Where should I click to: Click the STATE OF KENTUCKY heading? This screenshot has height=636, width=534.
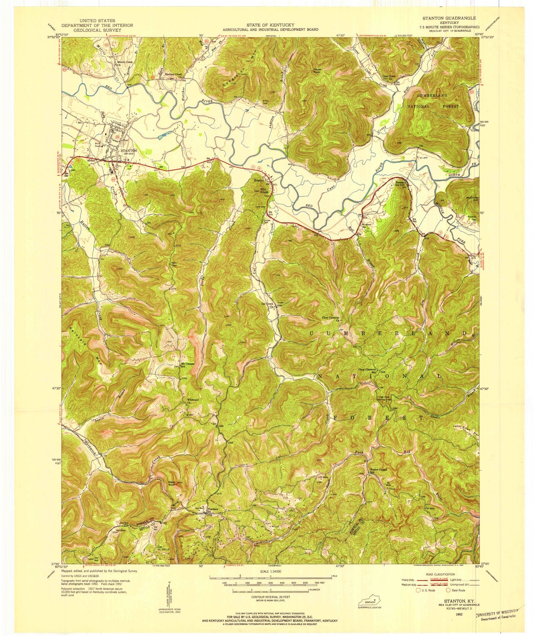[x=270, y=25]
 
